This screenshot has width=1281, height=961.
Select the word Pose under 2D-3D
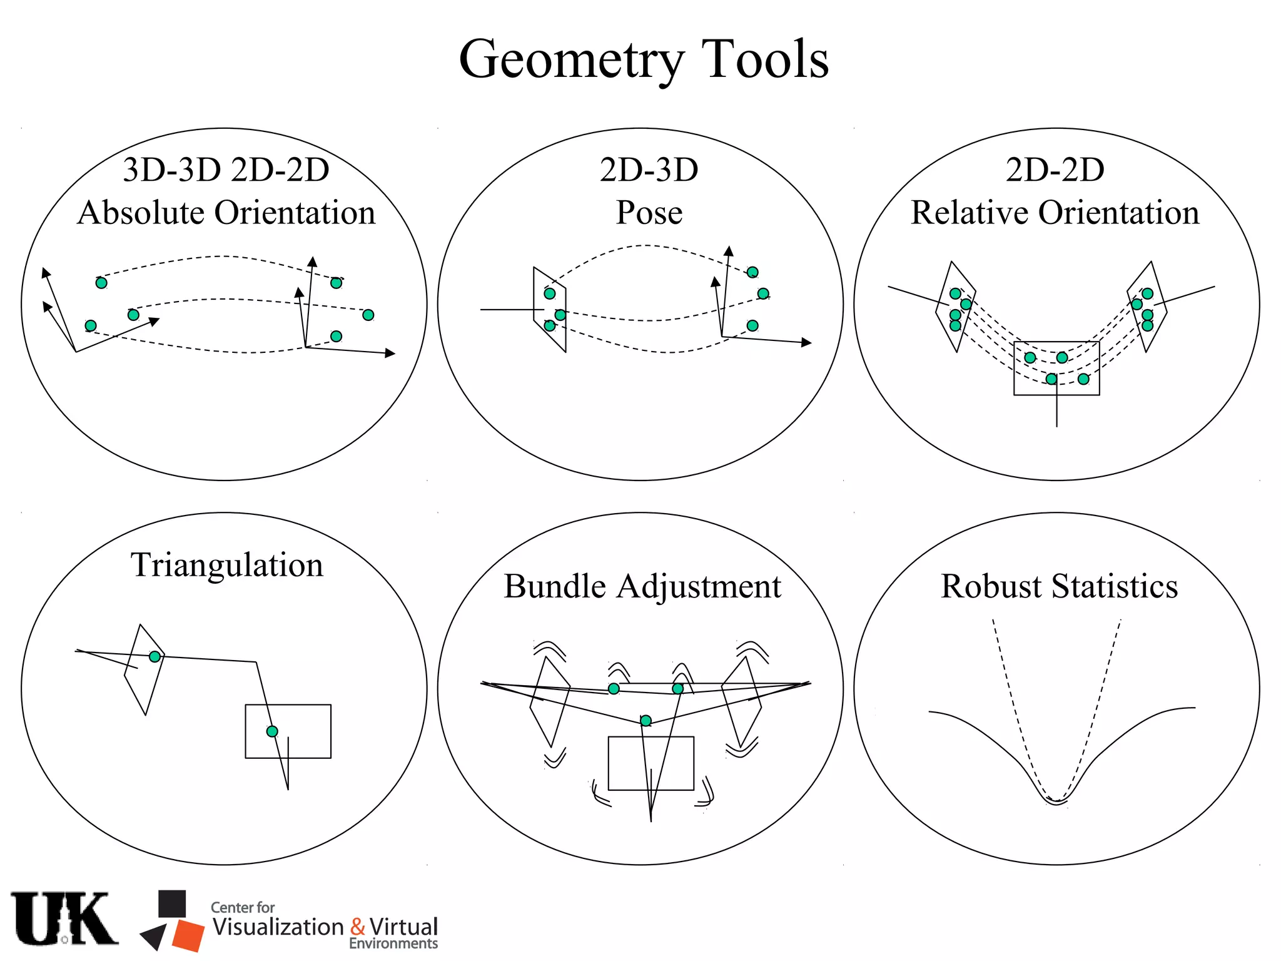[x=649, y=212]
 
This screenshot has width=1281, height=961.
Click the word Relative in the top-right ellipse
[x=968, y=212]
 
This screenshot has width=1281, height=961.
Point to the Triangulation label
[x=226, y=564]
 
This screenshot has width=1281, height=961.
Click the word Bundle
[x=555, y=586]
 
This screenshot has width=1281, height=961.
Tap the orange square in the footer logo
[x=188, y=935]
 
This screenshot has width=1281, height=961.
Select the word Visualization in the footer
[x=278, y=927]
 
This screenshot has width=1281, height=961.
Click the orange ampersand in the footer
[x=358, y=927]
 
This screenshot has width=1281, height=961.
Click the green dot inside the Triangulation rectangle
[x=272, y=731]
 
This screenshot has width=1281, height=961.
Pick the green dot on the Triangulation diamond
[x=154, y=656]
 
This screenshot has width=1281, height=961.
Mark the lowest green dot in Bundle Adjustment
[x=646, y=721]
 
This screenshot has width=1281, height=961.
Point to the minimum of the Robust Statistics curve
[x=1056, y=802]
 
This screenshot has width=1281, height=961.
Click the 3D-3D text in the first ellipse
[x=172, y=170]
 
